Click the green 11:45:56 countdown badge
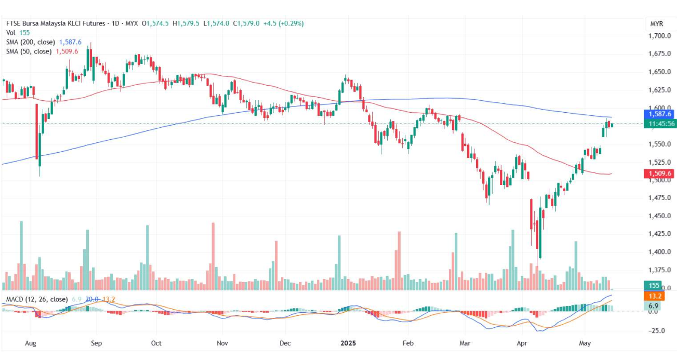(x=659, y=124)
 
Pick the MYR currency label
(x=656, y=24)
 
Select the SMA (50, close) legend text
(x=29, y=51)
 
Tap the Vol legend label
(x=10, y=33)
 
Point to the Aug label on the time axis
(x=31, y=343)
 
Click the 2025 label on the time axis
(x=348, y=343)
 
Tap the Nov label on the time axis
(x=222, y=343)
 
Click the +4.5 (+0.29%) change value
(x=284, y=23)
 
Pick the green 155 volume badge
(x=654, y=285)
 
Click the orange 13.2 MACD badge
(x=654, y=296)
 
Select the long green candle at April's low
(x=540, y=234)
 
